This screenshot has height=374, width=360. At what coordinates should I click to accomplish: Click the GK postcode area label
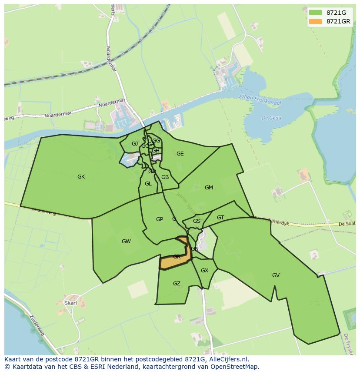coord(81,177)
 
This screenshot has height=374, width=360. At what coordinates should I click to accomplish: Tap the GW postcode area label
coord(126,242)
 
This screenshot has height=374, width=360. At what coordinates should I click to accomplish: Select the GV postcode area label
coord(276,275)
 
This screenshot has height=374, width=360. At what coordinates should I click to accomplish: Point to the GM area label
coord(209,188)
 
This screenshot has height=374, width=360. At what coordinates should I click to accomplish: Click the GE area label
coord(180,154)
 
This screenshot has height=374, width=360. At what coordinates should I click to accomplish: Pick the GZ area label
coord(177,284)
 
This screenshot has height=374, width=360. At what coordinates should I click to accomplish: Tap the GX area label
coord(204,271)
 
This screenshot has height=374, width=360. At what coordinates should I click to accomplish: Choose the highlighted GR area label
coord(177,257)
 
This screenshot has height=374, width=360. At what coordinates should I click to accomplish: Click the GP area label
coord(160,219)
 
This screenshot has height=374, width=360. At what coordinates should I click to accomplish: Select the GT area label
coord(220,218)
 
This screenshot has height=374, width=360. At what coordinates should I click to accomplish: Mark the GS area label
coord(197,221)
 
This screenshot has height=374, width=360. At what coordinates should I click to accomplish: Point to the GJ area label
coord(135,144)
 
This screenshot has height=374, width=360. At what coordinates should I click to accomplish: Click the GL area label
coord(148,184)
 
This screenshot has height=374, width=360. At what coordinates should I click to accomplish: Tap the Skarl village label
coord(70,303)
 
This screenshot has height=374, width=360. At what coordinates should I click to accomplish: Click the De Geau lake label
coord(272,118)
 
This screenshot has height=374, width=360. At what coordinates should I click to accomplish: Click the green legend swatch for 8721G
coord(316,13)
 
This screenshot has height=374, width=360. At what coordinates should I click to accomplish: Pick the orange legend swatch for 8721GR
coord(316,21)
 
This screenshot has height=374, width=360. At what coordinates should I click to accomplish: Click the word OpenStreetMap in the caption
coord(235,366)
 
